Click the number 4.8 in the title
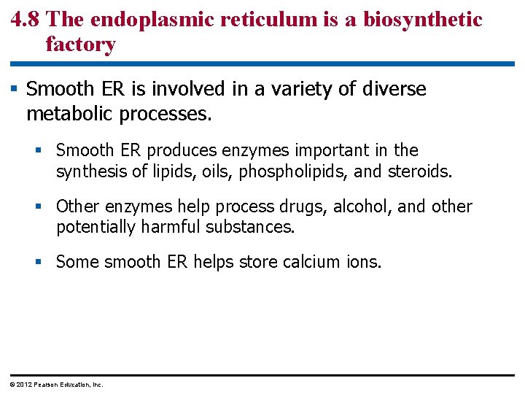tap(26, 19)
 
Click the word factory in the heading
tap(80, 45)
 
